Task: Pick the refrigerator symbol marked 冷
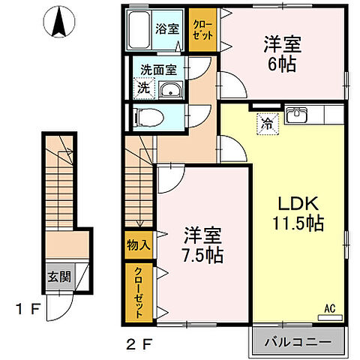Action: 266,122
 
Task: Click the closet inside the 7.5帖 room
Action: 139,290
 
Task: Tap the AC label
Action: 329,307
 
